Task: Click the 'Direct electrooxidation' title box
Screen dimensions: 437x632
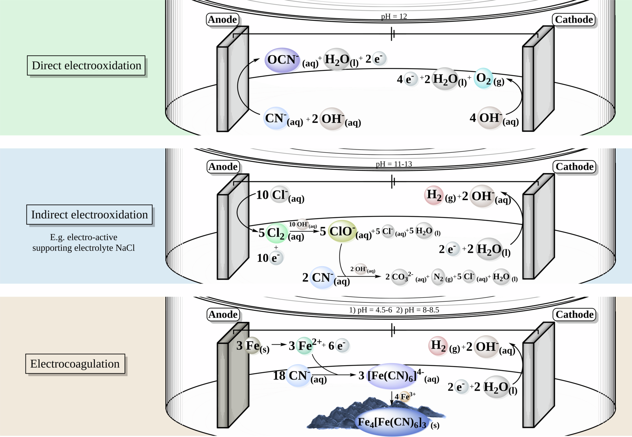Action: (x=86, y=65)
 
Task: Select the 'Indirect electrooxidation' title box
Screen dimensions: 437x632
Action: (x=89, y=215)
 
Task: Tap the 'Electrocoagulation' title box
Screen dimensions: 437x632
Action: (x=75, y=364)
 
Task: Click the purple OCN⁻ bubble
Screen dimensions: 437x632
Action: (x=282, y=60)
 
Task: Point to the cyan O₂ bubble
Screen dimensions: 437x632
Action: (x=483, y=78)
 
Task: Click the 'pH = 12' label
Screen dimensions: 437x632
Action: (x=394, y=16)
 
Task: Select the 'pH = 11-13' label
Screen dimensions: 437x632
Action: (x=394, y=164)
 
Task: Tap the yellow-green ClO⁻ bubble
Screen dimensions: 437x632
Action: (x=341, y=231)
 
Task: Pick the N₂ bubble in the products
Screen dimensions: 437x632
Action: (x=438, y=277)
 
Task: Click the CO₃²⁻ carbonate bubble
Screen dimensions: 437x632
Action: (x=400, y=277)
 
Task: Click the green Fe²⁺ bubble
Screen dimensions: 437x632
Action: (x=305, y=346)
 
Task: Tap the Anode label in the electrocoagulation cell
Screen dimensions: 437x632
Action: (x=223, y=315)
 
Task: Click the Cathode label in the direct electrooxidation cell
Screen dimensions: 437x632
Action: (x=574, y=19)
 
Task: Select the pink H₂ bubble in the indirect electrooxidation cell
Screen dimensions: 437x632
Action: (x=433, y=195)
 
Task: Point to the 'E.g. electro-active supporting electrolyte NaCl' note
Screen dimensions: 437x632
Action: (x=83, y=242)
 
